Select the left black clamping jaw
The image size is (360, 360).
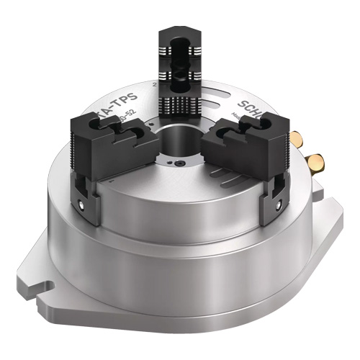coord(108,151)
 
